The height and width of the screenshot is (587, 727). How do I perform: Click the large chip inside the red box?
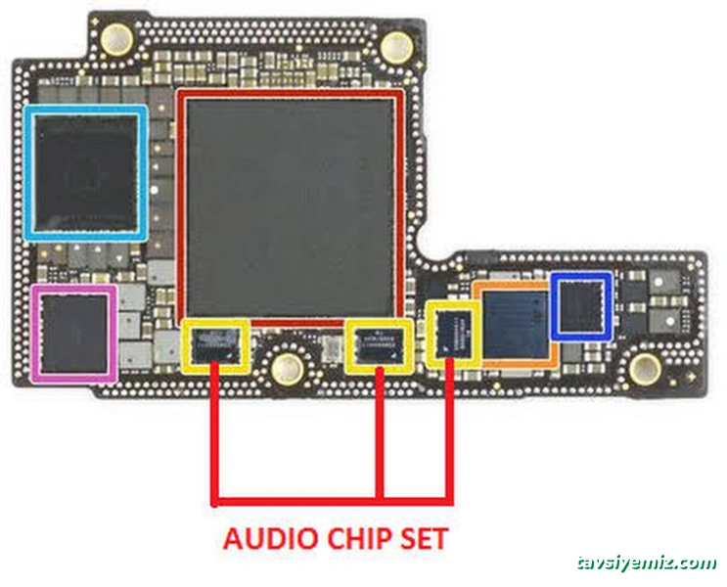point(292,205)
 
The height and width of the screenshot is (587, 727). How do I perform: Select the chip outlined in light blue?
point(87,173)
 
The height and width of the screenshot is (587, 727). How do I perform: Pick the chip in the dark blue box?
point(581,306)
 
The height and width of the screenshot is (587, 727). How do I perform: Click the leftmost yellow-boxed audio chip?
point(214,344)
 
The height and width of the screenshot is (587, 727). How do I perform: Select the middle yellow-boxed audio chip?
point(378,344)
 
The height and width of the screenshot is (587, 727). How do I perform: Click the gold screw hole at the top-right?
point(396,43)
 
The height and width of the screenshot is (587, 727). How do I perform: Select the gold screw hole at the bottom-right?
point(644,368)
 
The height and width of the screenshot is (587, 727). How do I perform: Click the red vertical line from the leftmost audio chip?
point(215,430)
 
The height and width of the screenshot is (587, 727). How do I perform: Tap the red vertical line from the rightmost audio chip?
point(449,430)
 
